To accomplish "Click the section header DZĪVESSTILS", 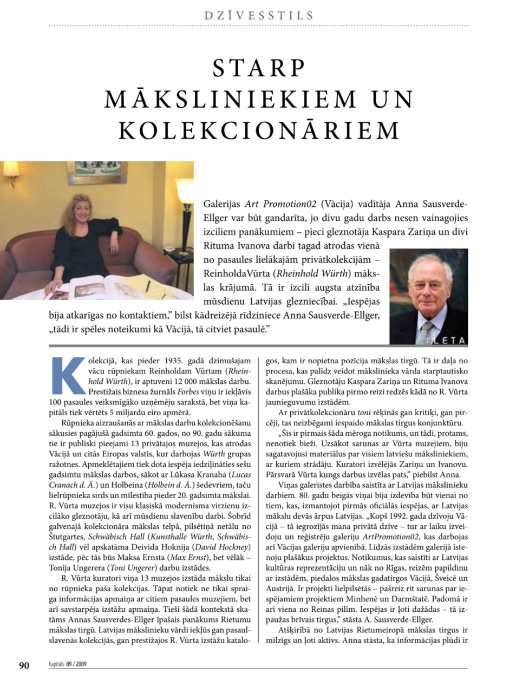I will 259,15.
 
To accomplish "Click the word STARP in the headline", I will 259,68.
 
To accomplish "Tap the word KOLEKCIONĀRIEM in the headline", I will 259,130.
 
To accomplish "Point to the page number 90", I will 24,665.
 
